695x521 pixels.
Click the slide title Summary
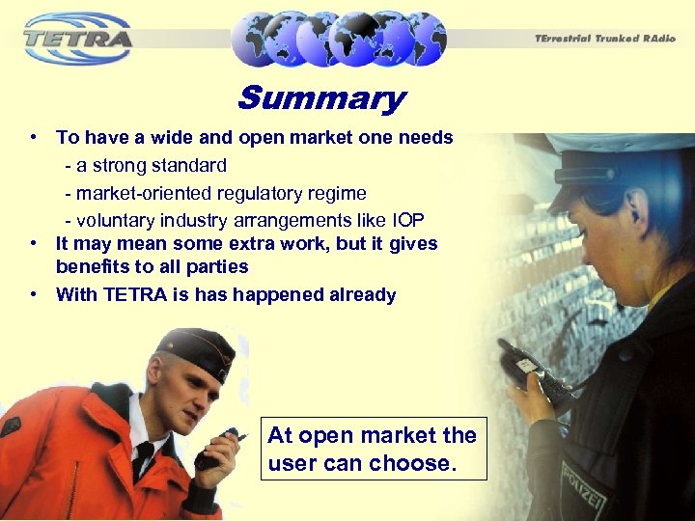point(321,98)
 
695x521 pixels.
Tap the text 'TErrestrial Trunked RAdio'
point(606,39)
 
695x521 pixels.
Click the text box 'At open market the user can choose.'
point(374,449)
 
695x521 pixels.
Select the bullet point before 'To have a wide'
point(34,137)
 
